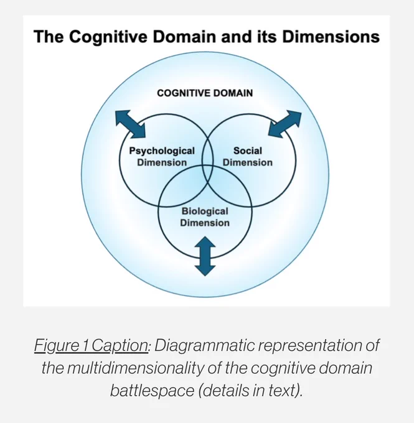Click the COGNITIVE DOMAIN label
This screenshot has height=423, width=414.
[205, 93]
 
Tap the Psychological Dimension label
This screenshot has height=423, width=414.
[162, 157]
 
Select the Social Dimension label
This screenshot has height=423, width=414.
[248, 157]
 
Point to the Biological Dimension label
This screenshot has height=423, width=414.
[205, 217]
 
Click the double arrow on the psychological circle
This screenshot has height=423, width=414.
[131, 124]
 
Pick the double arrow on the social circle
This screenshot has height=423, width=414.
[285, 124]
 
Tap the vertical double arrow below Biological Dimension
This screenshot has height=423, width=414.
[205, 256]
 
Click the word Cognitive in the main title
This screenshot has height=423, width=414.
[108, 37]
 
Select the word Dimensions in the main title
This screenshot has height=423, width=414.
[331, 37]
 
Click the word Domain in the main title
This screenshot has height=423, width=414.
[184, 37]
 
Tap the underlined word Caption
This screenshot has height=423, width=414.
[120, 346]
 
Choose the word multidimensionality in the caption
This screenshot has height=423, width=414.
[136, 368]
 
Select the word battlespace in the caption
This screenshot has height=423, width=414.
[152, 391]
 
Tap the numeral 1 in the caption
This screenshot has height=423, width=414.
[85, 345]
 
